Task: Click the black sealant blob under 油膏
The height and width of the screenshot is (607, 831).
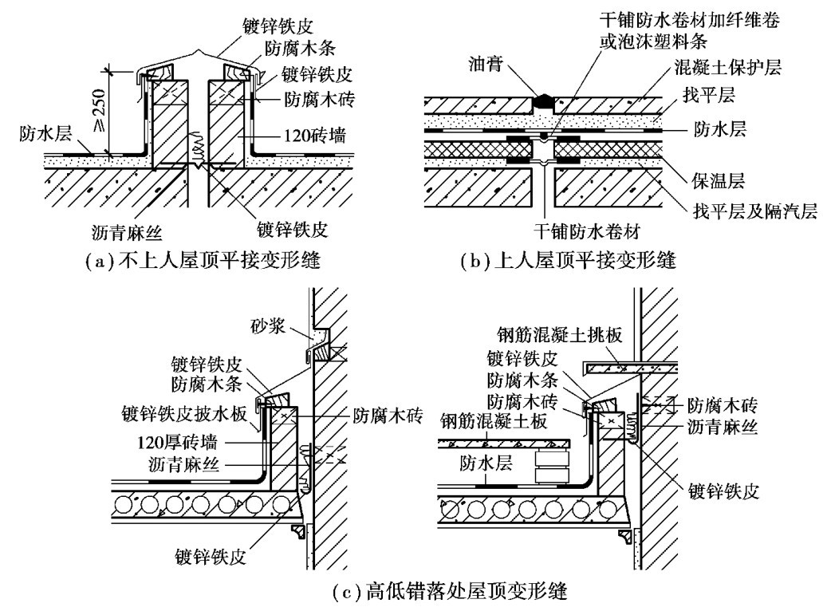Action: click(543, 101)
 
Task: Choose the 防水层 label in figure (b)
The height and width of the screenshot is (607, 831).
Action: click(719, 128)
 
